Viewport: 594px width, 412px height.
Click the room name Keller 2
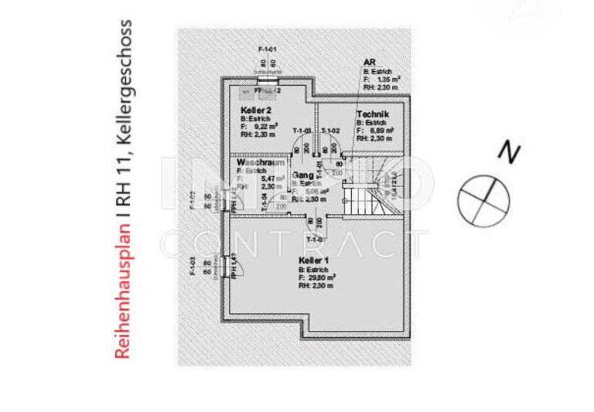pos(254,112)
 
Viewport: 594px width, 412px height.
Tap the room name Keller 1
pos(312,260)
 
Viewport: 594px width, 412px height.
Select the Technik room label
pos(372,114)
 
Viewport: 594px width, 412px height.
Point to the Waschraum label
pos(258,164)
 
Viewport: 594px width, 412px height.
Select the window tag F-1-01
pos(268,49)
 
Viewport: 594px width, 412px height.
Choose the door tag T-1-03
pos(302,130)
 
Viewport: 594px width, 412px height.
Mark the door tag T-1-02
pos(330,130)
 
